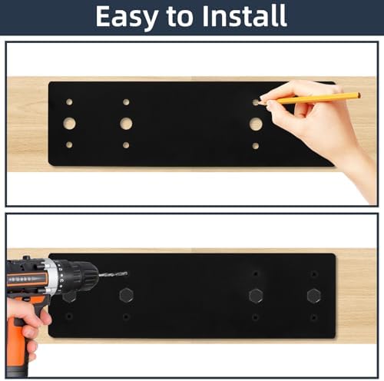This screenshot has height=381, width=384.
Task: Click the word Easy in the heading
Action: (127, 17)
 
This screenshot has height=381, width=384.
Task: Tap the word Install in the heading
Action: (244, 15)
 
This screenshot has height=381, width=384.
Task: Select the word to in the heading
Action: (180, 18)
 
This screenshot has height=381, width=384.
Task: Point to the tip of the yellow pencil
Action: (257, 103)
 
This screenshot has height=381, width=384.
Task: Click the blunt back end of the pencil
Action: (359, 95)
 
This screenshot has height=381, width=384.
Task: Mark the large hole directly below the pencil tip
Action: (256, 124)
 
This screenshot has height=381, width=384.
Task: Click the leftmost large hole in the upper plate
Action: (69, 124)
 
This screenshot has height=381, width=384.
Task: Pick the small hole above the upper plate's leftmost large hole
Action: (69, 102)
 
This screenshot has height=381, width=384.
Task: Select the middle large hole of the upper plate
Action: (126, 124)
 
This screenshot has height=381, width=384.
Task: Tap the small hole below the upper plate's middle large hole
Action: (126, 145)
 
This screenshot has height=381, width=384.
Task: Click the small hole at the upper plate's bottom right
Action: (256, 146)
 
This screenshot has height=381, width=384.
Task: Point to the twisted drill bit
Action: (113, 275)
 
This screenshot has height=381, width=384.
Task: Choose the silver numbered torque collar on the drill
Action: (57, 277)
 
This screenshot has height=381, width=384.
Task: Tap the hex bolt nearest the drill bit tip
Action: (127, 295)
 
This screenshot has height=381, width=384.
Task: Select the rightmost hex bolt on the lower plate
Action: (314, 296)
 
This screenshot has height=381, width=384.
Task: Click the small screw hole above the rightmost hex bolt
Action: (314, 274)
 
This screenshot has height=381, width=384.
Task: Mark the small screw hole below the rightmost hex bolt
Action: (314, 318)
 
